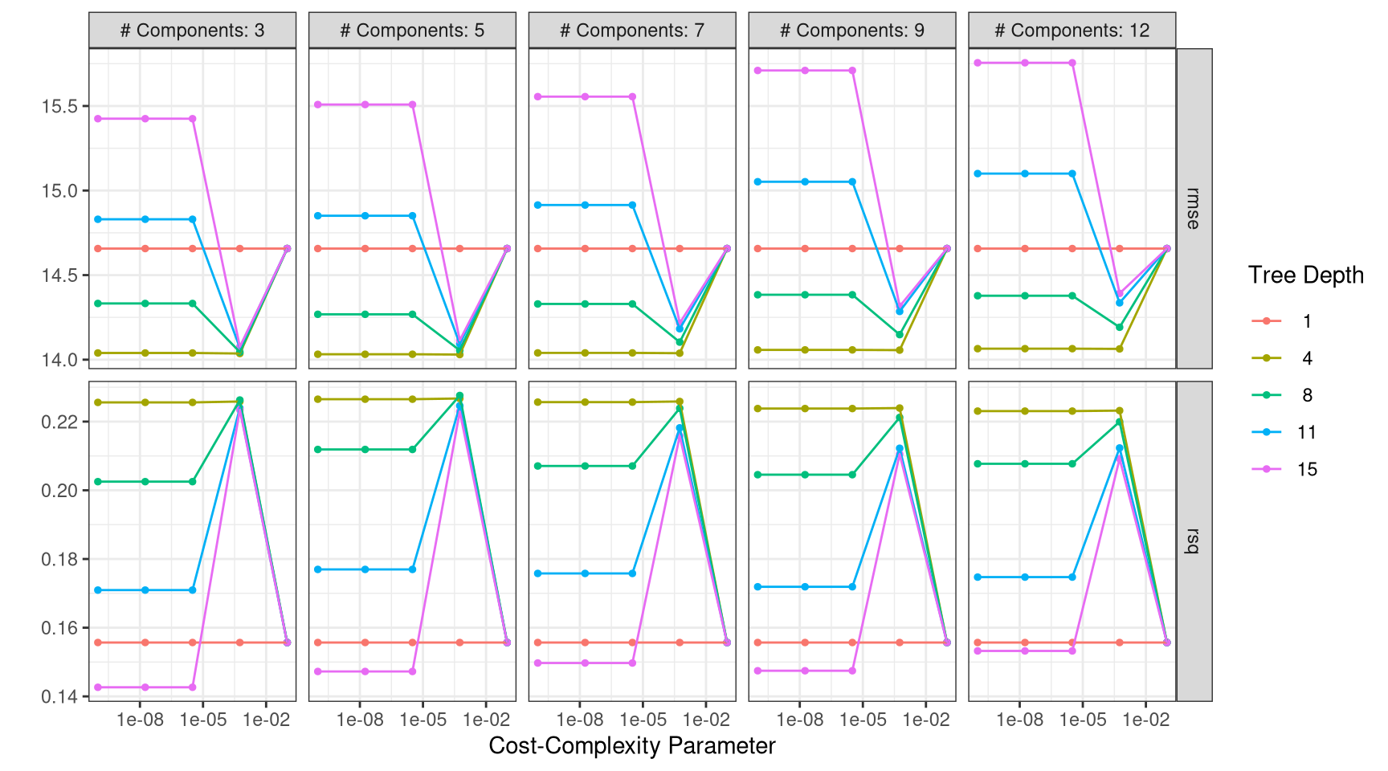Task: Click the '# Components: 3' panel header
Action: (192, 31)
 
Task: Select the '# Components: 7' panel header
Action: (632, 31)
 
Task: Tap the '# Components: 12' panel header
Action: (1072, 31)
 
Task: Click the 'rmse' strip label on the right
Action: (1194, 209)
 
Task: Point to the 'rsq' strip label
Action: (1194, 541)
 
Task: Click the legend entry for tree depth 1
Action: (1306, 321)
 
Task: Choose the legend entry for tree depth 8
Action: (1306, 395)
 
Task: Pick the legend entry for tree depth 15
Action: (1306, 470)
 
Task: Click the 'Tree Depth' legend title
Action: (1305, 275)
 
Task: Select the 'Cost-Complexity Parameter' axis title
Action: (632, 746)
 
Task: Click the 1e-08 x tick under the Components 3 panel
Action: (140, 720)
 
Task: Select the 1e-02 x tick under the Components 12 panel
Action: (1145, 720)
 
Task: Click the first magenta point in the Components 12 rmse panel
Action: (978, 63)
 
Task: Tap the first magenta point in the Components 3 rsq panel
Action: (98, 687)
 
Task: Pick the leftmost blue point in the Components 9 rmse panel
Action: (757, 182)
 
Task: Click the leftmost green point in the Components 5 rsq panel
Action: (318, 450)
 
